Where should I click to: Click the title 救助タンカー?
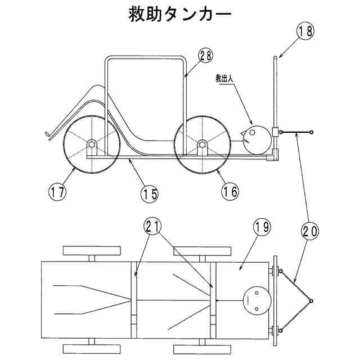click(179, 15)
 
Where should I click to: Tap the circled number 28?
click(206, 55)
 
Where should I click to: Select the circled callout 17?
click(57, 191)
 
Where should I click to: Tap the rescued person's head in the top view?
click(256, 301)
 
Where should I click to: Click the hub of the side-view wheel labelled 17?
click(90, 145)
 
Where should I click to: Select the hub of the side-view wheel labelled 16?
click(201, 145)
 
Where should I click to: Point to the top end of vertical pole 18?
click(275, 57)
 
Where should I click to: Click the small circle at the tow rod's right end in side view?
click(311, 133)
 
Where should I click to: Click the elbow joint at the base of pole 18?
click(275, 155)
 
